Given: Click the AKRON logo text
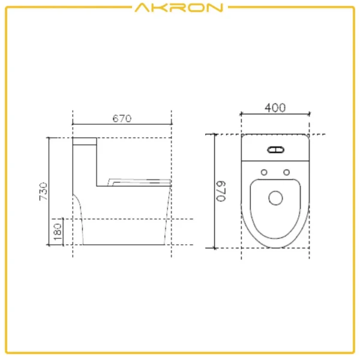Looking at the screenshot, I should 179,8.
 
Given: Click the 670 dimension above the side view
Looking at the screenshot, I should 122,119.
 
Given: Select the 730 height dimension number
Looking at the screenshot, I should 43,190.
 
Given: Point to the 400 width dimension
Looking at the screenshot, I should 275,107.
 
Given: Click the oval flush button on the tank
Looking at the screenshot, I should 275,150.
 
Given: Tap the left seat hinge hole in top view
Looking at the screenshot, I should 263,173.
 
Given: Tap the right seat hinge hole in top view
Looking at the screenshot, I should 287,173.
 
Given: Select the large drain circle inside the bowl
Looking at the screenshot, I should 275,197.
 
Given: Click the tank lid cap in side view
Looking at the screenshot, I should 85,142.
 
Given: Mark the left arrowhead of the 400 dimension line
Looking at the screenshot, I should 242,114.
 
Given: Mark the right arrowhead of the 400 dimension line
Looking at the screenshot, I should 309,114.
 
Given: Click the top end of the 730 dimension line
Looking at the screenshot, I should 49,138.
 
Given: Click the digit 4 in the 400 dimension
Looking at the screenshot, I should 268,107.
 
